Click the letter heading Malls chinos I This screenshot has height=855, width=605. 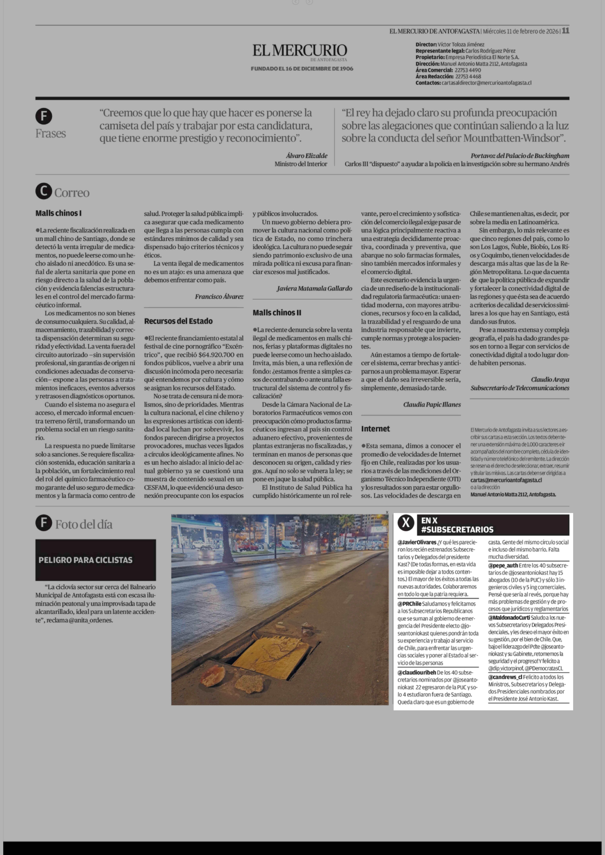pos(58,213)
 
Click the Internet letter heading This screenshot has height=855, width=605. pos(375,429)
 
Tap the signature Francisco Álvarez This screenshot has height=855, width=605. pos(219,296)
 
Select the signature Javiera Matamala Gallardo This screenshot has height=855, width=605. pos(314,288)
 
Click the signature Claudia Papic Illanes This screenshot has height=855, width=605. pos(432,404)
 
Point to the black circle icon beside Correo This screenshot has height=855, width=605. pos(44,191)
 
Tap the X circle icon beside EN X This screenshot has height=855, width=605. pos(406,523)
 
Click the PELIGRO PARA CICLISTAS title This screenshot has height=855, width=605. pos(85,560)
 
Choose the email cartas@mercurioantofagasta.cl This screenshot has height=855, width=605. pos(506,480)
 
